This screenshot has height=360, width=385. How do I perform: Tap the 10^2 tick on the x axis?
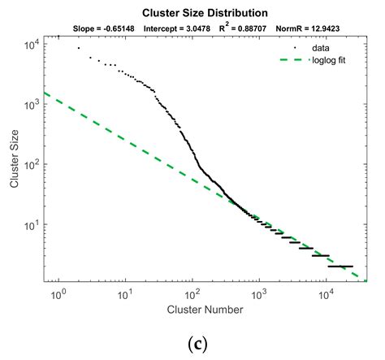point(192,292)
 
